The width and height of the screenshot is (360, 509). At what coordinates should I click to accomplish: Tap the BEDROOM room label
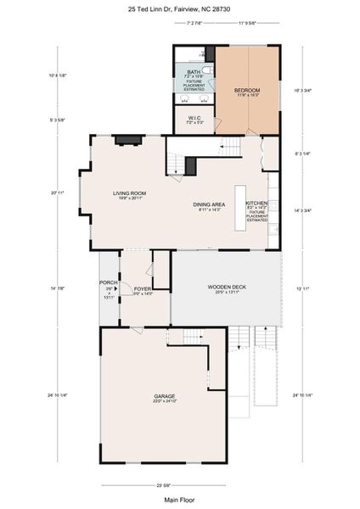click(x=247, y=90)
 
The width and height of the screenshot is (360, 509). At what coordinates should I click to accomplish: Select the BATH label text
click(x=194, y=72)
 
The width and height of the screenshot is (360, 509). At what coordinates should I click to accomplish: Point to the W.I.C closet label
click(x=194, y=118)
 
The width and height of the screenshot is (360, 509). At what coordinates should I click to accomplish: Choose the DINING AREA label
click(x=208, y=204)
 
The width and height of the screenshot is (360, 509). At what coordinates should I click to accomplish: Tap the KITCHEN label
click(x=257, y=204)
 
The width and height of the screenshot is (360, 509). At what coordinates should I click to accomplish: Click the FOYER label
click(x=143, y=290)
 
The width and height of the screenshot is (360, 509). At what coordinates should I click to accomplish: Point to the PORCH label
click(x=109, y=282)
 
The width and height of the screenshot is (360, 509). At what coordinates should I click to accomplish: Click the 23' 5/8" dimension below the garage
click(x=164, y=484)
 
